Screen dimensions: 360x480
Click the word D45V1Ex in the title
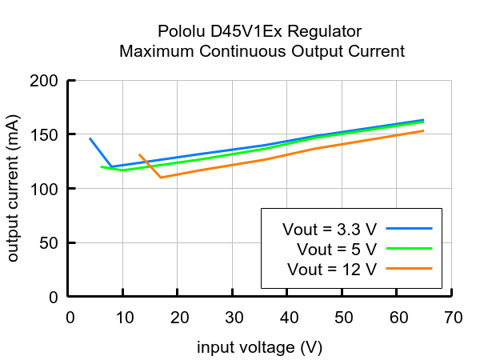point(239,32)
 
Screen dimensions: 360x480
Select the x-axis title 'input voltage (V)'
point(260,348)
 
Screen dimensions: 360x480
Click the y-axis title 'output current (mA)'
point(14,189)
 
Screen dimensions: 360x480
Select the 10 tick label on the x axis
point(124,318)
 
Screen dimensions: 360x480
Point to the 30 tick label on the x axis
point(233,318)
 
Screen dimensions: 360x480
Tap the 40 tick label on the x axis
point(288,318)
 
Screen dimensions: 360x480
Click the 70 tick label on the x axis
point(452,318)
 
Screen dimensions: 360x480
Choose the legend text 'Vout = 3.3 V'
point(329,229)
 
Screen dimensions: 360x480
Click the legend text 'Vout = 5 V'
point(336,249)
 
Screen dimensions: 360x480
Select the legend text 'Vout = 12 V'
point(333,269)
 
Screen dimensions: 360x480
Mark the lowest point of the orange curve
point(161,178)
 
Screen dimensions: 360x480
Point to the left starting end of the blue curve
point(90,138)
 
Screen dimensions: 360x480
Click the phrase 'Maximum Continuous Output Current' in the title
point(262,51)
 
